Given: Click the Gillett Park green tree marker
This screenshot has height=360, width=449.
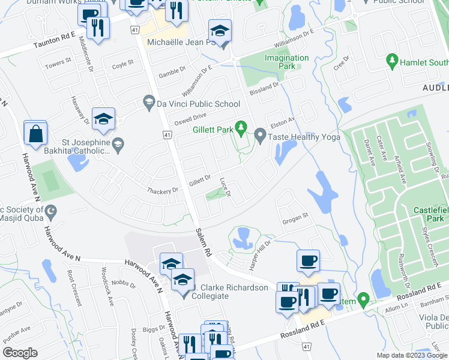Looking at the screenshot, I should click(x=241, y=127).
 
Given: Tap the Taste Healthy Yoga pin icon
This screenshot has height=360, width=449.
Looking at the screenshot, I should click(x=260, y=137).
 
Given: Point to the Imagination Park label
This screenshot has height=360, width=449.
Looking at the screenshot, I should click(x=287, y=62).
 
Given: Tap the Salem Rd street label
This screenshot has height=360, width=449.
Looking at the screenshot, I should click(x=204, y=242).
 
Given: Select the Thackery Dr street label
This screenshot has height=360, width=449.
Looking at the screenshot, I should click(x=163, y=190).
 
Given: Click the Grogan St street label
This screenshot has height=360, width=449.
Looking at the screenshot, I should click(x=295, y=217).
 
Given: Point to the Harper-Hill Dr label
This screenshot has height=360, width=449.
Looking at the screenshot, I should click(x=260, y=248).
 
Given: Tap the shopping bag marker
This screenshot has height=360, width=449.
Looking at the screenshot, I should click(x=35, y=134).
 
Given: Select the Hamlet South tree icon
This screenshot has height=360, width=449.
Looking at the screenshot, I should click(x=393, y=61).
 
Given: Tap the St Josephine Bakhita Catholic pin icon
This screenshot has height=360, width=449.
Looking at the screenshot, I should click(x=119, y=143).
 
